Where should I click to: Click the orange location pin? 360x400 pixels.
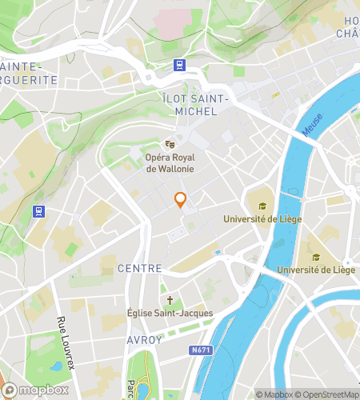point(181,201)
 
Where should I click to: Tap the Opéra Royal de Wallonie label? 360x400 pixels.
point(170,162)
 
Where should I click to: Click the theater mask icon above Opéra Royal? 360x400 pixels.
point(170,144)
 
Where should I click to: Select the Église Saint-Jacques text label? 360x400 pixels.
point(170,313)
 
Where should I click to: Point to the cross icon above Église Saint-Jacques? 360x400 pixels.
point(170,298)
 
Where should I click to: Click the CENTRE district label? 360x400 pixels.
point(140,269)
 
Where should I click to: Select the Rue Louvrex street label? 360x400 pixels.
point(61,336)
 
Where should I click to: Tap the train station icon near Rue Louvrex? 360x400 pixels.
point(38,212)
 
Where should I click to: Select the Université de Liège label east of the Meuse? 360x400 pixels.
point(315,270)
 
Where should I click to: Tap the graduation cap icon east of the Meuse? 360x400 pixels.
point(315,258)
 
